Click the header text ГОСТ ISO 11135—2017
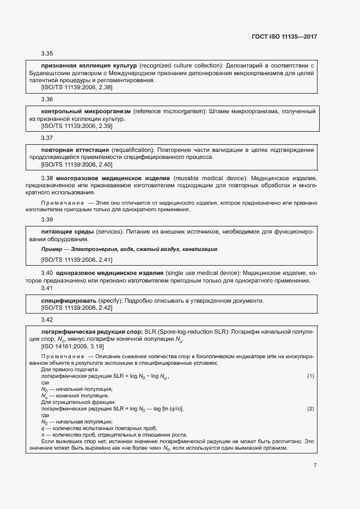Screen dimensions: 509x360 tap(286, 36)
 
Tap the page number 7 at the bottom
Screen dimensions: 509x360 tap(315, 465)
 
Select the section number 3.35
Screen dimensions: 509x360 tap(47, 54)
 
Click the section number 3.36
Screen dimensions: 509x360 tap(47, 100)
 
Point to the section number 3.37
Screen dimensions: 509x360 tap(47, 138)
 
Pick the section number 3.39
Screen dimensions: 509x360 tap(47, 220)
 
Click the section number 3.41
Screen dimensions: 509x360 tap(47, 288)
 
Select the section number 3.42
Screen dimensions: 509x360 tap(47, 320)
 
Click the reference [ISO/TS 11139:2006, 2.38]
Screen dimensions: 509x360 tap(77, 87)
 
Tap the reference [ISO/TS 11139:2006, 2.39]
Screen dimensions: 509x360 tap(77, 125)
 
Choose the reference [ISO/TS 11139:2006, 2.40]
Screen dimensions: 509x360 tap(77, 164)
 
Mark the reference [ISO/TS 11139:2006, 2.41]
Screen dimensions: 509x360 tap(77, 260)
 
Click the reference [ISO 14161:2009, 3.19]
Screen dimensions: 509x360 tap(73, 346)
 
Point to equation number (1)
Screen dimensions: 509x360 tap(310, 376)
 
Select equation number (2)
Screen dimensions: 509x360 tap(310, 408)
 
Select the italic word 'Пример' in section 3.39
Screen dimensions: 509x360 tap(51, 249)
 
